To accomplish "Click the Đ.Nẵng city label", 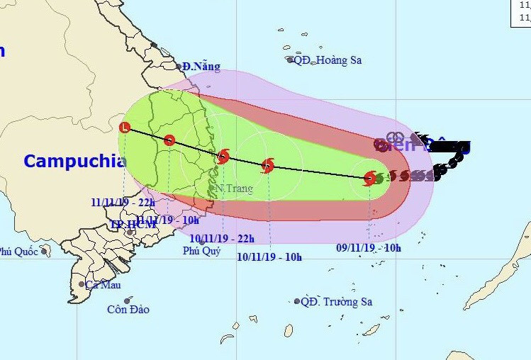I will point(201,67).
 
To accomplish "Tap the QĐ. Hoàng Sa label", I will point(328,60).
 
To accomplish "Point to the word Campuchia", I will point(74,161).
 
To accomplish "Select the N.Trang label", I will point(234,189).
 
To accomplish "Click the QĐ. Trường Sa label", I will point(336,302).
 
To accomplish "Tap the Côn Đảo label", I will point(128,309).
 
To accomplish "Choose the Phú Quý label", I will point(202,251).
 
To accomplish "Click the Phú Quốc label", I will point(18,251).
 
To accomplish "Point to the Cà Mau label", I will point(103,285).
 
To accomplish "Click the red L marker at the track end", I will point(125,128).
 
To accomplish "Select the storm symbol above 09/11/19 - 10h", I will point(369,178).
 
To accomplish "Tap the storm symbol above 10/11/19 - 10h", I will point(267,166).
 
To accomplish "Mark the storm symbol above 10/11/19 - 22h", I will point(223,157).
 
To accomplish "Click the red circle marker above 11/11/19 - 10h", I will point(169,140).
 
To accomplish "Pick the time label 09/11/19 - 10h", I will point(368,248).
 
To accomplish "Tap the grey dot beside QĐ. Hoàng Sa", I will point(291,60).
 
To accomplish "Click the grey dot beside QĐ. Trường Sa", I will point(297,302).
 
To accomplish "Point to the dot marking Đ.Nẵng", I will point(179,67).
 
